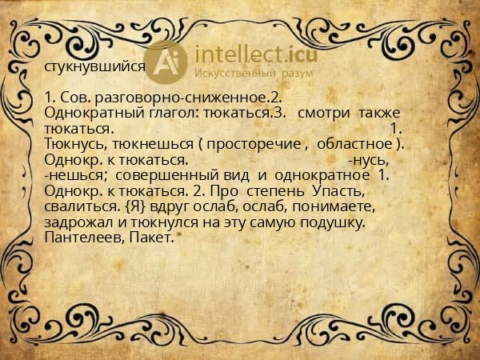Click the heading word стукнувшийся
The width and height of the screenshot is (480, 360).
click(x=95, y=67)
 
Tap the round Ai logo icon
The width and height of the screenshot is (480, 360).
click(x=170, y=62)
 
